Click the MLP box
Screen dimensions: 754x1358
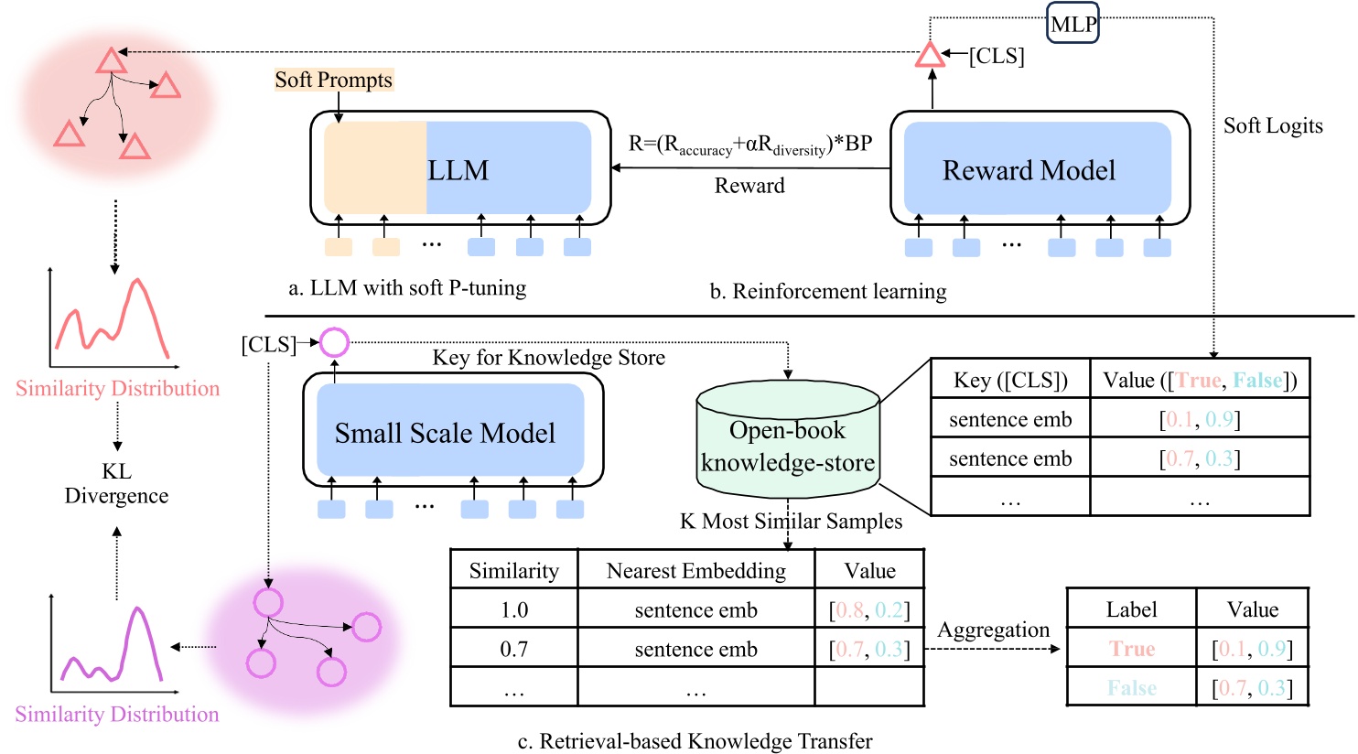[1072, 25]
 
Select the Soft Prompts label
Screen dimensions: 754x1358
[334, 80]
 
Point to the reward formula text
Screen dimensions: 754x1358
[749, 145]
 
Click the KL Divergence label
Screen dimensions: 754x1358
[116, 483]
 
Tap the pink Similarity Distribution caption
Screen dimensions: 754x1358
[117, 388]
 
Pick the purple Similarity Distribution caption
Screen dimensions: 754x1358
[117, 714]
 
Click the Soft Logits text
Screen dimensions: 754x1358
[1273, 126]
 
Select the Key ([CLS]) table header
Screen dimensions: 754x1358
[1010, 380]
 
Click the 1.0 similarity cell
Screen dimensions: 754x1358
[514, 609]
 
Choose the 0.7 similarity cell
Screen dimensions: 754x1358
[514, 649]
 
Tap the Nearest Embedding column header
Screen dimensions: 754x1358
[695, 571]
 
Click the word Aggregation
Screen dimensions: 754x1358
[993, 630]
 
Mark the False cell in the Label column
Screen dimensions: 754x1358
[1132, 687]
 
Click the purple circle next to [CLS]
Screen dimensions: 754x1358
[334, 343]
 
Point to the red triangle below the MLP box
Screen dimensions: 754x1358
[930, 56]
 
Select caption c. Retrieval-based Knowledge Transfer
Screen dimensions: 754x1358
[695, 740]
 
